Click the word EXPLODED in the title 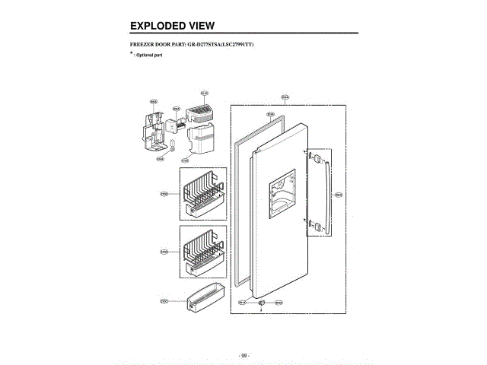click(157, 26)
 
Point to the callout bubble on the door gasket click(270, 114)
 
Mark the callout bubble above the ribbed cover click(204, 93)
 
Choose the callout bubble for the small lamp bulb click(160, 159)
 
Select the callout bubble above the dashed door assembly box click(285, 97)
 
